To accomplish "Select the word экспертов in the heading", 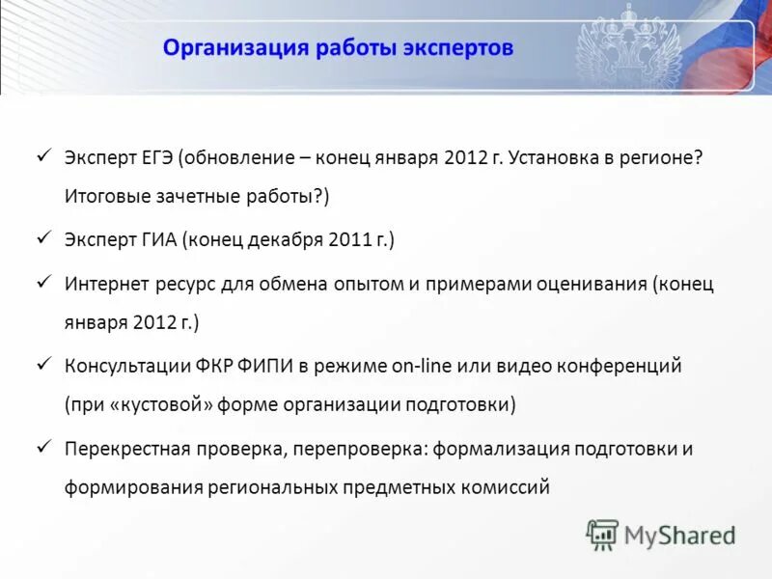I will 458,48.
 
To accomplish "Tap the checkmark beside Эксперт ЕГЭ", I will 43,154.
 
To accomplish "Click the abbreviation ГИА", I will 154,239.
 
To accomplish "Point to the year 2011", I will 350,239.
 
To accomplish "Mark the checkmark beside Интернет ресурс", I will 43,281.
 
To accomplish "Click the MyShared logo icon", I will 603,534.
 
